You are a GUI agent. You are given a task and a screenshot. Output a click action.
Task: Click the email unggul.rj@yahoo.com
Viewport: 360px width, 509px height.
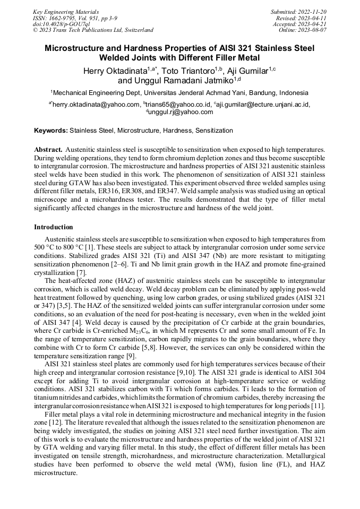[181, 112]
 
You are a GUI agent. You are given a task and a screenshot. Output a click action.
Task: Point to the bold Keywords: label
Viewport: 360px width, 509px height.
[50, 130]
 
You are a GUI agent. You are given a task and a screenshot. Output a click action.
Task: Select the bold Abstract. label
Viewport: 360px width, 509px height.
[48, 150]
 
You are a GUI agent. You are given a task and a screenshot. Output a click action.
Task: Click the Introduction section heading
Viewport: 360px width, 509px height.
[54, 227]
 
